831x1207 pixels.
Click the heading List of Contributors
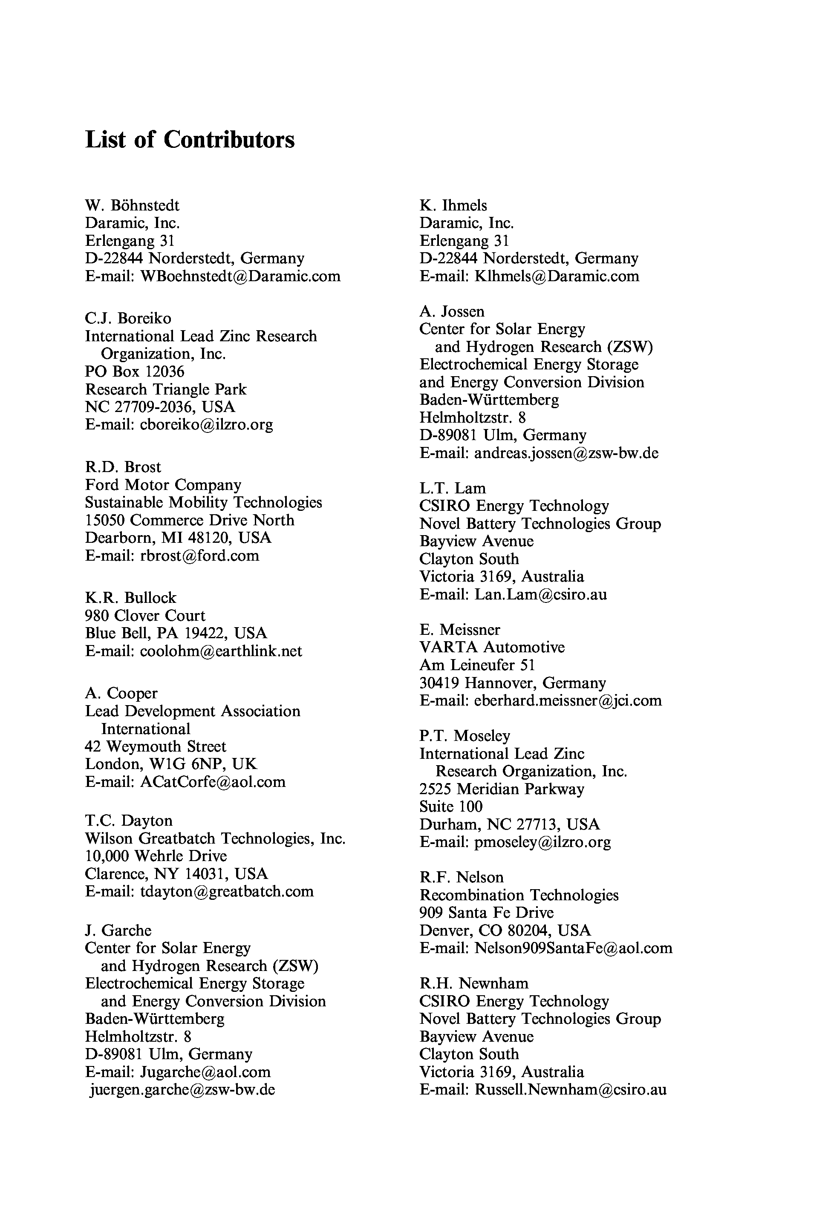pos(190,139)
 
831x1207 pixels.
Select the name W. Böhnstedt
pos(132,206)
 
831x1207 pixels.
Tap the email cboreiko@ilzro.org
pos(206,425)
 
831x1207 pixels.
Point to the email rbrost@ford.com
pos(199,556)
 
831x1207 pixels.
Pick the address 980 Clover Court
pos(145,616)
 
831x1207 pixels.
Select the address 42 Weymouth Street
pos(155,747)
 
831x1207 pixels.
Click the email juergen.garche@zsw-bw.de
pos(182,1090)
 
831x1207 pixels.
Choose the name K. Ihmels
pos(453,206)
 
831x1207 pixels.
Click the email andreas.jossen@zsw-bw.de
pos(566,453)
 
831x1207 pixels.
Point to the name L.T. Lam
pos(453,488)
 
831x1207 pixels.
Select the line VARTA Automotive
pos(492,648)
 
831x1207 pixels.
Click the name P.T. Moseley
pos(465,736)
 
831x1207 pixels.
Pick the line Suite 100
pos(451,807)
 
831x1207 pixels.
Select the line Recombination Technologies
pos(519,895)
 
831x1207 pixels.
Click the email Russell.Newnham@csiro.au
pos(570,1090)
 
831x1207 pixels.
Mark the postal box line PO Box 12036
pos(135,372)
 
